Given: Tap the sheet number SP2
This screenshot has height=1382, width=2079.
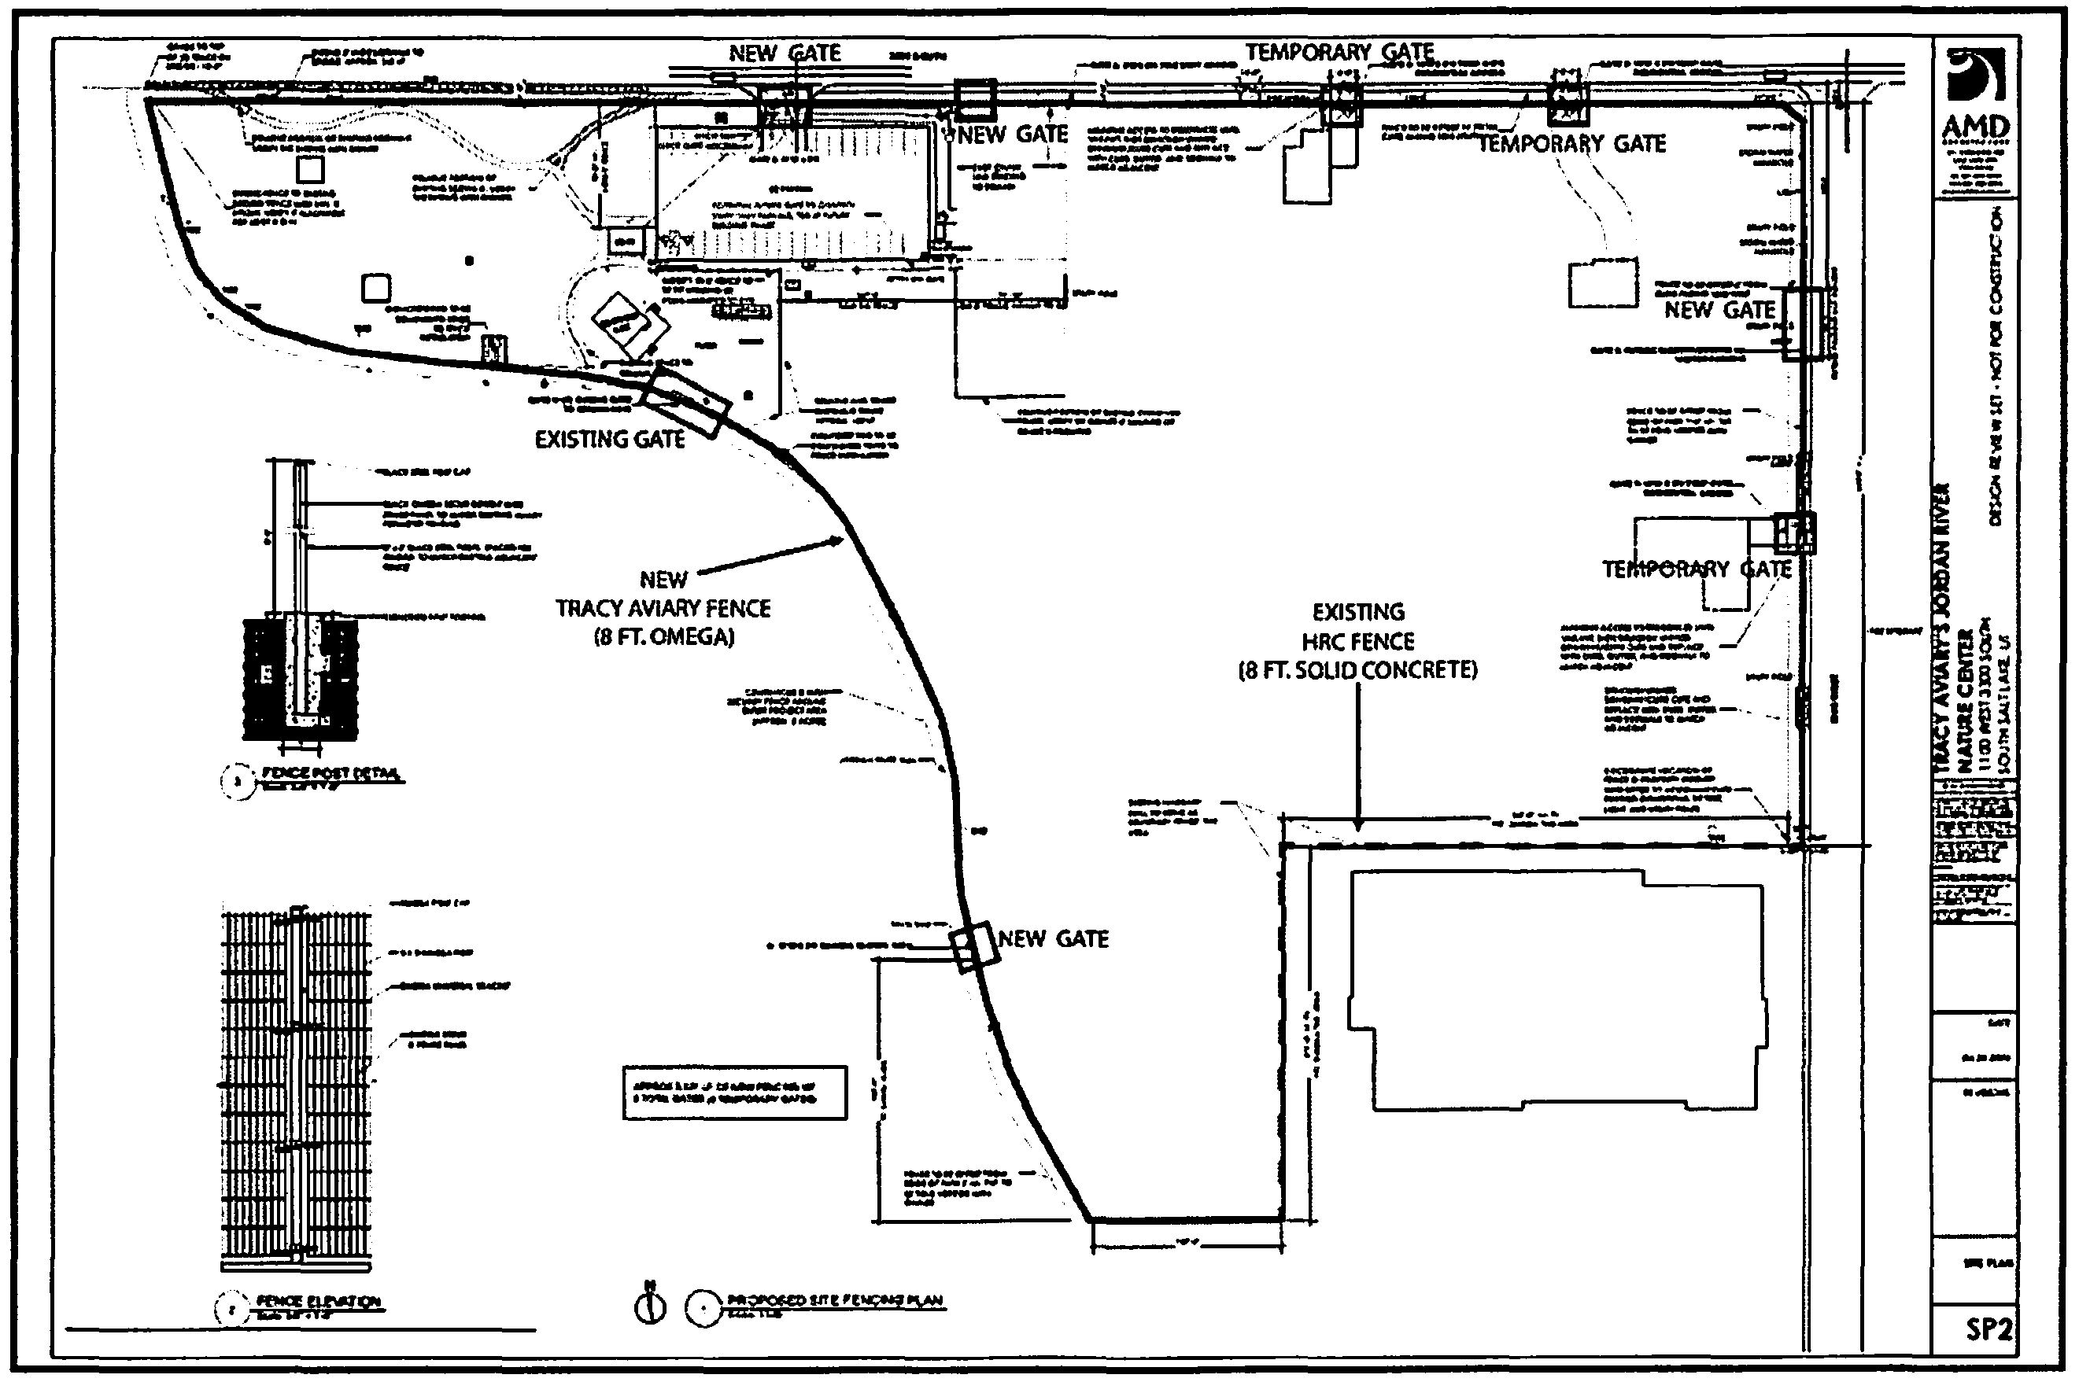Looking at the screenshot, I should [1989, 1329].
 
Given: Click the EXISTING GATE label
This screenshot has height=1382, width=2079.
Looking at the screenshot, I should [610, 440].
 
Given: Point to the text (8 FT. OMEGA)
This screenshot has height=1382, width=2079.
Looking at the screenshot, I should [664, 637].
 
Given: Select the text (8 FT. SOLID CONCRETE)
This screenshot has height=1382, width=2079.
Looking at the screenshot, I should [1357, 671].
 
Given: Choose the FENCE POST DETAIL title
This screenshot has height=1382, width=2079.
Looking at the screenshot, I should [330, 774].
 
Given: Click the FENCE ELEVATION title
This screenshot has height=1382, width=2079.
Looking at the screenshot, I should [317, 1302].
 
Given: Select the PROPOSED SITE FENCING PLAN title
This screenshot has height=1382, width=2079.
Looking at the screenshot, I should [834, 1300].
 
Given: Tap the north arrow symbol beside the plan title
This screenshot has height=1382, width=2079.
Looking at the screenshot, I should [651, 1306].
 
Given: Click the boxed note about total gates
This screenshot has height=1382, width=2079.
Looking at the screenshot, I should [734, 1093].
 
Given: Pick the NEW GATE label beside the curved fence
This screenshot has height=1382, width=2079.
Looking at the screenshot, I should [1053, 939].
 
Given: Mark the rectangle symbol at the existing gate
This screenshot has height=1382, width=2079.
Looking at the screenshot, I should [685, 402].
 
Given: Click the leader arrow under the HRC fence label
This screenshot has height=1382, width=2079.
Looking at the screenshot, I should [1357, 824].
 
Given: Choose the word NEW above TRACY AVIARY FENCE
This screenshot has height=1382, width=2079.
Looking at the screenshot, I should [663, 580].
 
